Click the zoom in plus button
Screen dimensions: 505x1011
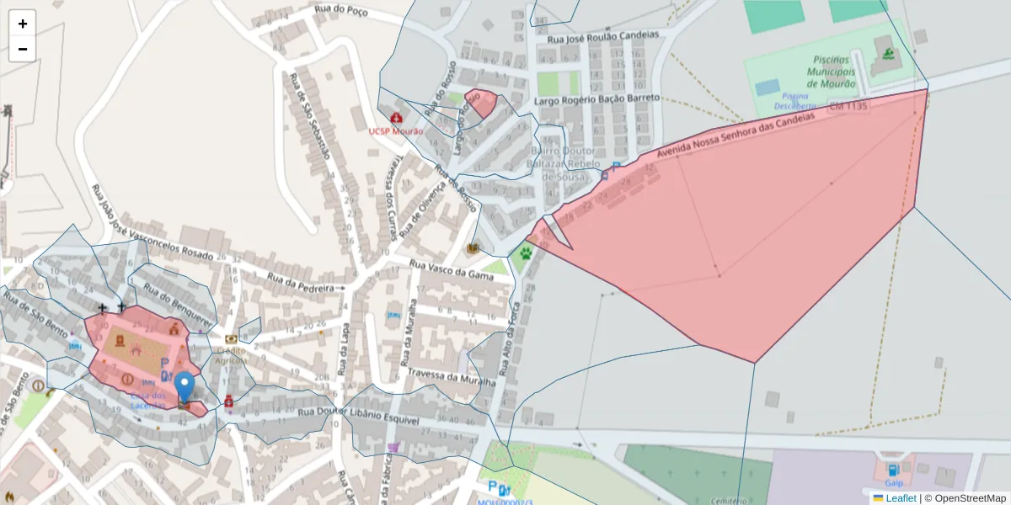[22, 24]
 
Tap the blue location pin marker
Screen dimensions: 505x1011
[184, 389]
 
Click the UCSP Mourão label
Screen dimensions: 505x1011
[396, 131]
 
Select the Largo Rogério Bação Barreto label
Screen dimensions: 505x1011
[597, 98]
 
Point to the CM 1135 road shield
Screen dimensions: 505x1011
[848, 107]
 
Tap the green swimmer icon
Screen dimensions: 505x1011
[890, 56]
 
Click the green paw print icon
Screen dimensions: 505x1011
[527, 252]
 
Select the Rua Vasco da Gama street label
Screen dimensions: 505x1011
[450, 270]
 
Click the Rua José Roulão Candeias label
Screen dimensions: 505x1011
[603, 37]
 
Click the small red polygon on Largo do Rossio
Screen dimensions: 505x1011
[482, 103]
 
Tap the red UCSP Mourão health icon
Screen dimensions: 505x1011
[396, 118]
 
